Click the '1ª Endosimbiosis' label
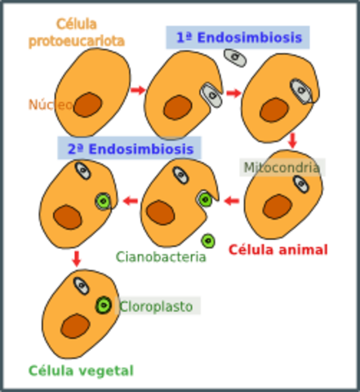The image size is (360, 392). [226, 38]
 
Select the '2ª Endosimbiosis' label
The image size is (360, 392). [130, 149]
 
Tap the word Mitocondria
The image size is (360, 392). [282, 167]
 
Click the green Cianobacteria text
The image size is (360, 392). [162, 257]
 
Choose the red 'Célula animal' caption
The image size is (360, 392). [278, 249]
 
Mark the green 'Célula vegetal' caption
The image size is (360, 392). [81, 370]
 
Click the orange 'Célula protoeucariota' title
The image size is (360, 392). [76, 33]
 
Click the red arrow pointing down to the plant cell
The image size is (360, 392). [76, 259]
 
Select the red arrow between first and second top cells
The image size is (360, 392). [138, 90]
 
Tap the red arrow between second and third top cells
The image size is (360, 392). [234, 92]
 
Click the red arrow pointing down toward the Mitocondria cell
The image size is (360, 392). [292, 140]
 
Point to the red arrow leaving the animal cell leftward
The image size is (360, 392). [231, 200]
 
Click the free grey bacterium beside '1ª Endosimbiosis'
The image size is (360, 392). [235, 58]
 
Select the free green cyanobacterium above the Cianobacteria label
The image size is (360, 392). [208, 240]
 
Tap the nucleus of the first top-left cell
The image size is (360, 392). [87, 105]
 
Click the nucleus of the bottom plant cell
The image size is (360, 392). [76, 325]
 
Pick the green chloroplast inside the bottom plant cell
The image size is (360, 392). [103, 305]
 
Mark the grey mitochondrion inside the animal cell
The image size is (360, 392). [301, 185]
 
